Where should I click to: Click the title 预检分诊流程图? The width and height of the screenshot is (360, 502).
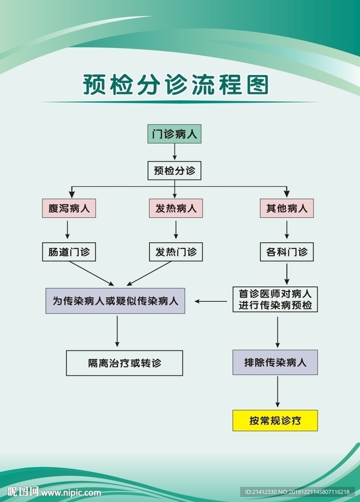click(x=176, y=85)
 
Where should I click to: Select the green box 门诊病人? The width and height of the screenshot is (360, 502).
click(x=174, y=134)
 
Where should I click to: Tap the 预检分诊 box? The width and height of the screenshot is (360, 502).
click(x=174, y=170)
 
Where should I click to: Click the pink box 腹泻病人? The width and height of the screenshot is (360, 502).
click(x=69, y=208)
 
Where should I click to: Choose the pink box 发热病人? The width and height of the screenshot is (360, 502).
click(x=175, y=208)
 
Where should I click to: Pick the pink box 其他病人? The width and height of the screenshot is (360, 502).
click(x=287, y=208)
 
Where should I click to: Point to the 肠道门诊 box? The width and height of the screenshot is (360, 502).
click(x=69, y=252)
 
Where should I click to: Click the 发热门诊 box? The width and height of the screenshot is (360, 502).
click(x=175, y=252)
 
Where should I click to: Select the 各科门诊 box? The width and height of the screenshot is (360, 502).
click(x=287, y=252)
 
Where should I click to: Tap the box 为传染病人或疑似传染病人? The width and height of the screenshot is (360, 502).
click(x=115, y=301)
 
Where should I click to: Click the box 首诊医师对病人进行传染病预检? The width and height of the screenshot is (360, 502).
click(x=275, y=300)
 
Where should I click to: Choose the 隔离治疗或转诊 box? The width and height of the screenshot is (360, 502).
click(x=124, y=363)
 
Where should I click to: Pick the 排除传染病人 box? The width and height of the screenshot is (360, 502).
click(x=275, y=362)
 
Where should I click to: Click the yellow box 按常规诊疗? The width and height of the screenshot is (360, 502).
click(x=275, y=421)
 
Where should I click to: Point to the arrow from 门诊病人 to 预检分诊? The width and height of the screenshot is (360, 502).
click(x=174, y=152)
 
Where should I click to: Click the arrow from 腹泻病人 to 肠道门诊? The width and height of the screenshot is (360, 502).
click(x=67, y=230)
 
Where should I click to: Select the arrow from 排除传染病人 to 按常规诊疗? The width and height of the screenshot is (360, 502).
click(x=277, y=392)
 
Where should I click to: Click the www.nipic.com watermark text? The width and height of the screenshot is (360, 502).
click(x=71, y=492)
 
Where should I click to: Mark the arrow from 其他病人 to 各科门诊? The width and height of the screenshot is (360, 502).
click(x=287, y=230)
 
